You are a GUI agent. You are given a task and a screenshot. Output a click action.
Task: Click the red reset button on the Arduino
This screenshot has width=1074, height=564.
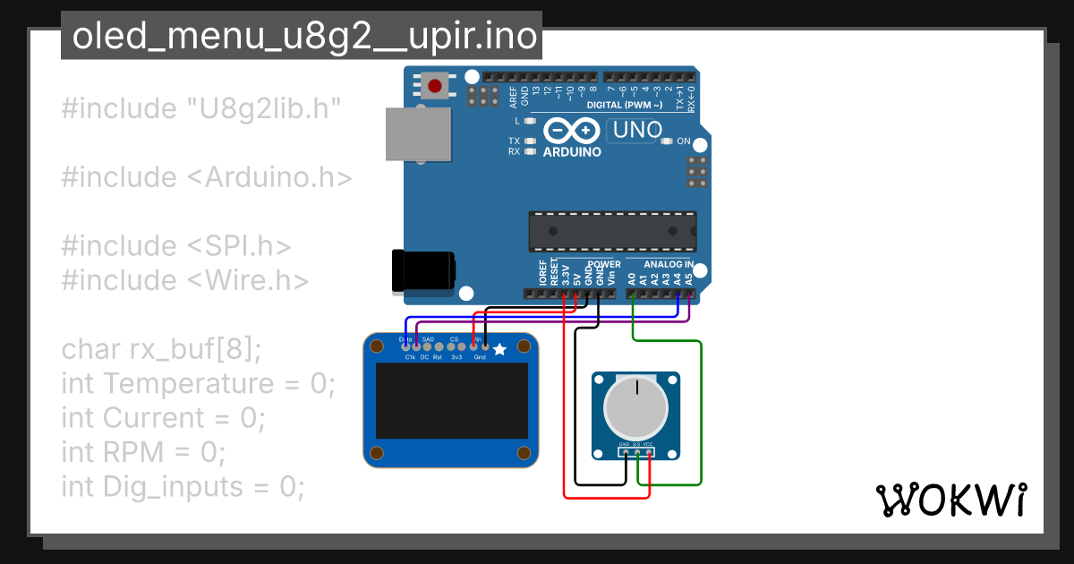click(435, 86)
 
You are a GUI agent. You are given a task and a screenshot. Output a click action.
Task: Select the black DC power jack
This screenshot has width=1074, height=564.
click(422, 269)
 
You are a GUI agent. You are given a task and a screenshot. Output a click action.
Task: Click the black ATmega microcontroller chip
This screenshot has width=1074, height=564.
click(612, 230)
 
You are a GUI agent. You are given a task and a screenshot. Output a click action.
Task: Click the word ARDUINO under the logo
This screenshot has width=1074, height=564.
click(572, 151)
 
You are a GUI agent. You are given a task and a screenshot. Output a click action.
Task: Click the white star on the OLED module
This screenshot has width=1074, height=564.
click(499, 349)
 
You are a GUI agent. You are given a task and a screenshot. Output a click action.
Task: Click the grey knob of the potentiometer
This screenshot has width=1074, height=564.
click(635, 407)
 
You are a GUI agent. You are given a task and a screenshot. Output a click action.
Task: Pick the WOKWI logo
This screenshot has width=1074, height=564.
click(950, 500)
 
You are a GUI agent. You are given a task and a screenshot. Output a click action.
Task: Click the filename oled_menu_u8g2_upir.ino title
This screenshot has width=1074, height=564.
click(302, 36)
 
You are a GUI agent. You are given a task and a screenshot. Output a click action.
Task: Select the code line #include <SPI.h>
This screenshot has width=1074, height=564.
click(176, 246)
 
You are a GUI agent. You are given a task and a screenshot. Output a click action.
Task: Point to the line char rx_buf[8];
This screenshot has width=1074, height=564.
click(161, 349)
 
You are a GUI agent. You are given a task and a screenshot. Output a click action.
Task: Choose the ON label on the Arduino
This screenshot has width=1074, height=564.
click(683, 141)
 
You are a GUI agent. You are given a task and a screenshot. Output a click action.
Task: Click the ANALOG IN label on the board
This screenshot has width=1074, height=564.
click(668, 265)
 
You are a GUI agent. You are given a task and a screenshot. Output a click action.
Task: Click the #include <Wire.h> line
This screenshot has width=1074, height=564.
click(185, 281)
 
